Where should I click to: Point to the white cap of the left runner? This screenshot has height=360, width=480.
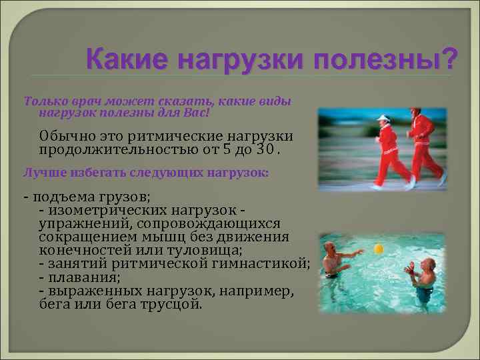383,119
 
